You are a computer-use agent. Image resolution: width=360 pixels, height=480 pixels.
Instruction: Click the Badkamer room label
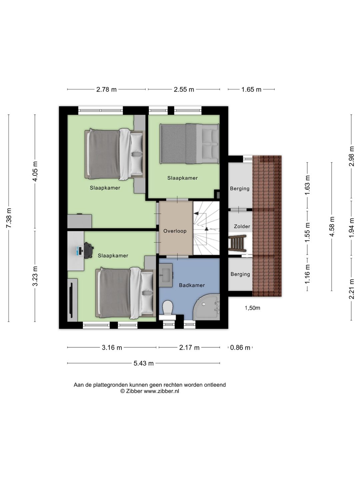(x=192, y=285)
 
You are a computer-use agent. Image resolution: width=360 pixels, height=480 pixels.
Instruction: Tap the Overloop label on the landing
(x=175, y=231)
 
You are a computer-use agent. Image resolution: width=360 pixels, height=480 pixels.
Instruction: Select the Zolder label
(x=242, y=226)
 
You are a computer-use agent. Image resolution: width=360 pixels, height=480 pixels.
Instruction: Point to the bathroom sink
(x=166, y=275)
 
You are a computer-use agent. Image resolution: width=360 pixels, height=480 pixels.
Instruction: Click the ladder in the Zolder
(x=238, y=243)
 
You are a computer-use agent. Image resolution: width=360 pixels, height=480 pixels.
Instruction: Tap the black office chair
(x=89, y=249)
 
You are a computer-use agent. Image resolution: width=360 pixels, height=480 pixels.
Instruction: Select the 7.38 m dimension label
(x=9, y=218)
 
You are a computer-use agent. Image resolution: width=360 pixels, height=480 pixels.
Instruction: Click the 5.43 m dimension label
(x=144, y=363)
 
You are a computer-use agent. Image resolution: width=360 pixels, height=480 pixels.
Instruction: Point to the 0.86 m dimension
(x=240, y=347)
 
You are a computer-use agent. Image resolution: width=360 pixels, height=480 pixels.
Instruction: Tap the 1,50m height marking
(x=252, y=308)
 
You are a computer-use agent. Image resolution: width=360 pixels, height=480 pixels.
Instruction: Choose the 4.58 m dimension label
(x=332, y=227)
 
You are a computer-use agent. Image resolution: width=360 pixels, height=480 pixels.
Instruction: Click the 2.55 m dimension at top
(x=184, y=89)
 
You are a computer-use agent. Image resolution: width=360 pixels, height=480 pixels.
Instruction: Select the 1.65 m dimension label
(x=251, y=89)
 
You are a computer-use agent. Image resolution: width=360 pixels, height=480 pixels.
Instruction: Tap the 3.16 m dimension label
(x=112, y=347)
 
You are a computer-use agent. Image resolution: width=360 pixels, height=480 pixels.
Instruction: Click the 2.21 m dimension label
(x=351, y=289)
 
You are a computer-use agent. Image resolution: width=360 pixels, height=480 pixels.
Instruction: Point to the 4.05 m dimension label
(x=35, y=171)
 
